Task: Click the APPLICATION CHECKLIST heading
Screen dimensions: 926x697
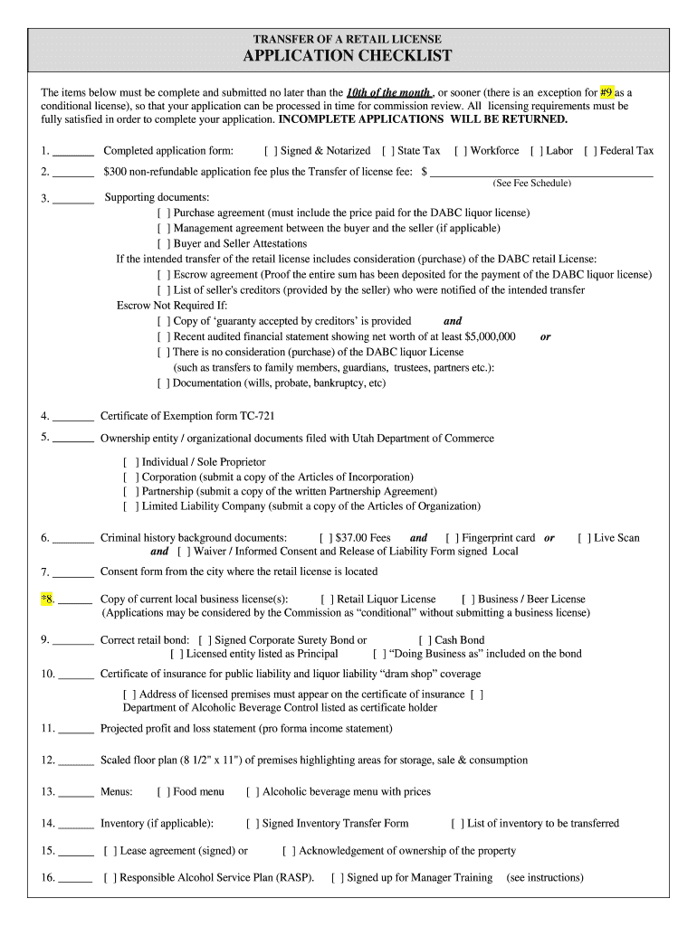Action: (x=348, y=56)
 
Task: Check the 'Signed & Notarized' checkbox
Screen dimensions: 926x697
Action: (x=270, y=151)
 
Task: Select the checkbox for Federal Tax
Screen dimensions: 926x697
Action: (x=589, y=151)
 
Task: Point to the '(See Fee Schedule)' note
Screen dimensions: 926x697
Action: (x=531, y=184)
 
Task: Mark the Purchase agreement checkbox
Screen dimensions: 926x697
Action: (x=163, y=213)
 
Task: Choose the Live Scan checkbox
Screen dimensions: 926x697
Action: (x=584, y=538)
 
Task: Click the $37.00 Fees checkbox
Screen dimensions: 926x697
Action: (x=326, y=538)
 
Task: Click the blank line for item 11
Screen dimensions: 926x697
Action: (x=76, y=729)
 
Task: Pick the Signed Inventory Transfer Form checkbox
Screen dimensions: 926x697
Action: (x=252, y=824)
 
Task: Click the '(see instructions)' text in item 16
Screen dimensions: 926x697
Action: (x=545, y=878)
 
